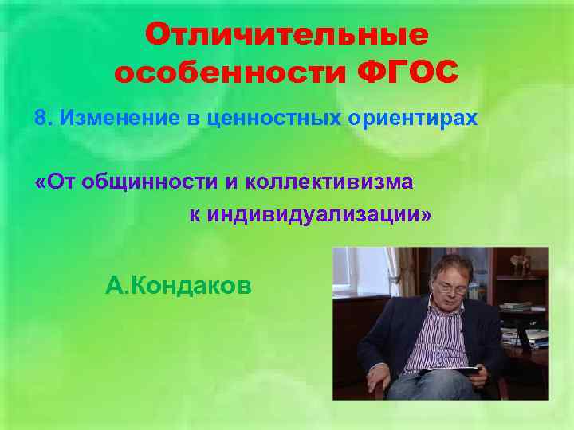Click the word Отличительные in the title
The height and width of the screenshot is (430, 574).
click(286, 35)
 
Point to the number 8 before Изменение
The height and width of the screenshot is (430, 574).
click(39, 119)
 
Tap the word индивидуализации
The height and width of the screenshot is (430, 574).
click(318, 215)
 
